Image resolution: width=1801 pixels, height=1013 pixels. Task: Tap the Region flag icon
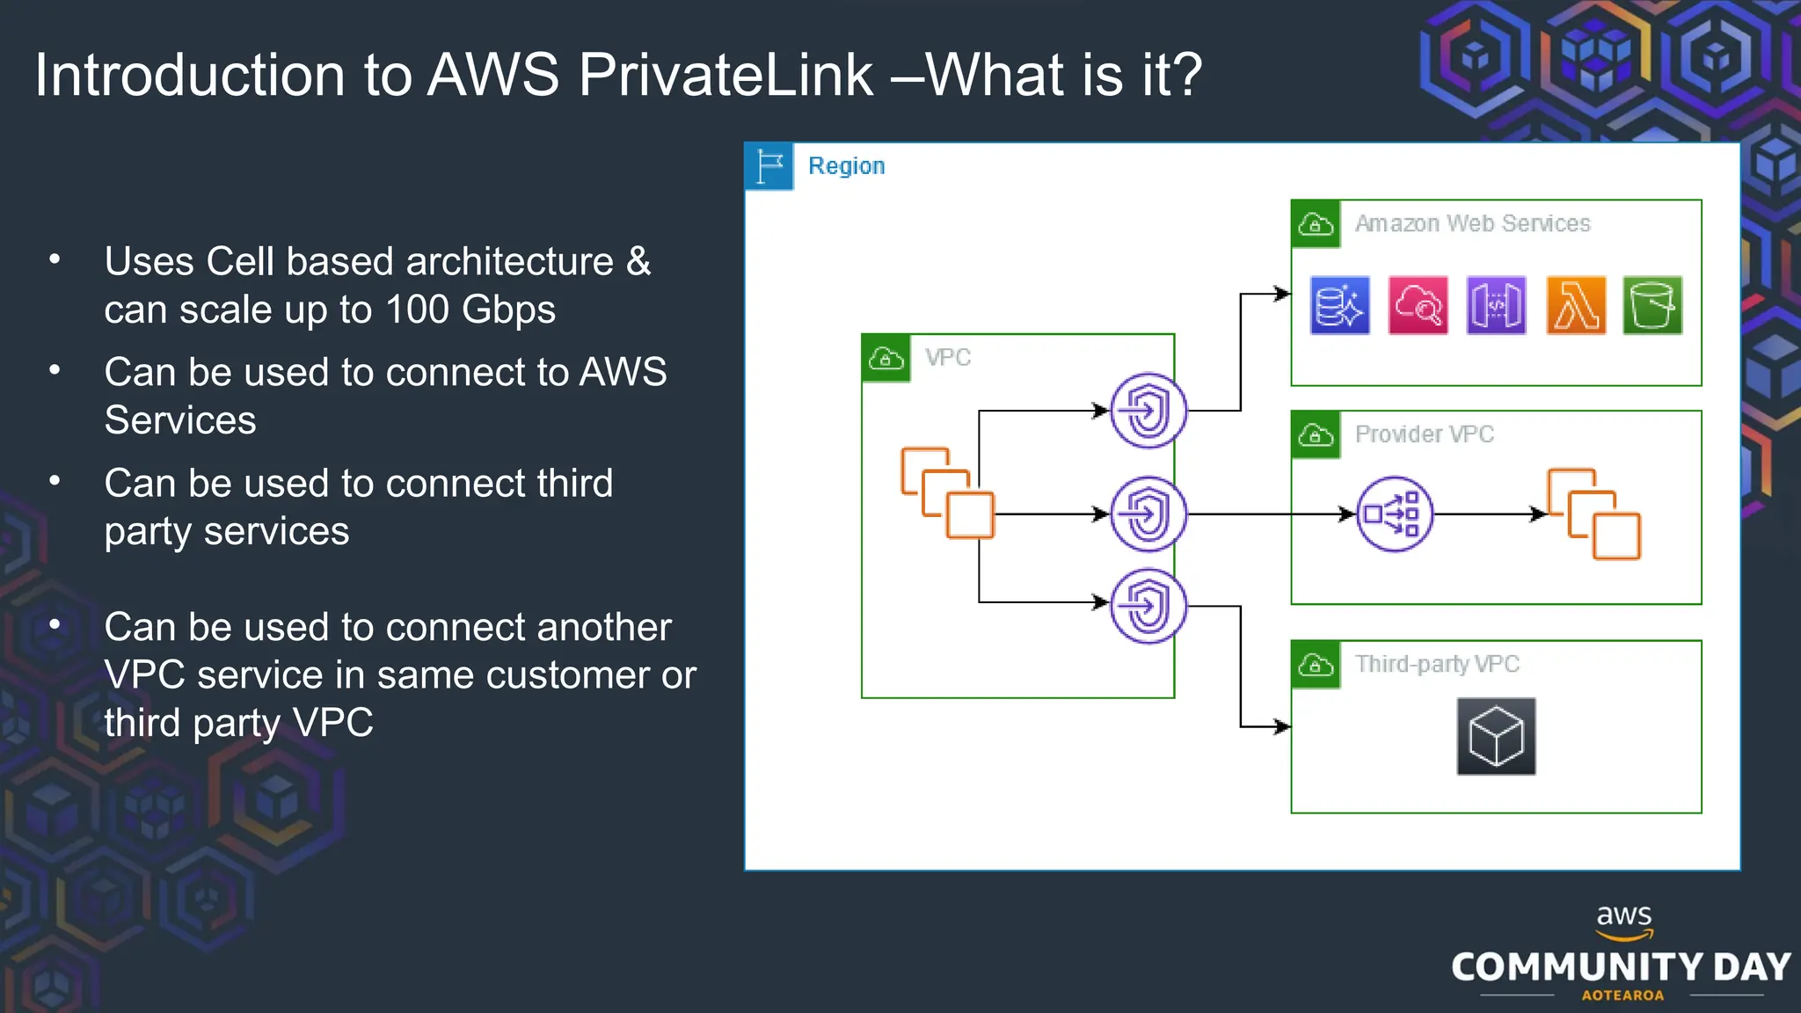pos(769,166)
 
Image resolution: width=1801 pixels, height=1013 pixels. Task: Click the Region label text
pos(846,166)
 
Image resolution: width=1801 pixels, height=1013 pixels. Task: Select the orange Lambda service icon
pos(1576,306)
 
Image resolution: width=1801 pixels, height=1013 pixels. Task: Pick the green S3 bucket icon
pos(1652,306)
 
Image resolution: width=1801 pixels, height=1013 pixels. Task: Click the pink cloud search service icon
pos(1418,306)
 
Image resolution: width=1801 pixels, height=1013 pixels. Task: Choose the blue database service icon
pos(1339,306)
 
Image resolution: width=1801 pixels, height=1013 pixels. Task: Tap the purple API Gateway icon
pos(1497,306)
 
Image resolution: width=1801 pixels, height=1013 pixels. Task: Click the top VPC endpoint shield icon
pos(1148,411)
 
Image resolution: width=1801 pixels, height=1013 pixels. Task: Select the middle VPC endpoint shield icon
pos(1148,514)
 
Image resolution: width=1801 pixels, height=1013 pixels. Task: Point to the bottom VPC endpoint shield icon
pos(1148,606)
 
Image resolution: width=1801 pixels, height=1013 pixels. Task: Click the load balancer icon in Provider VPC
pos(1395,514)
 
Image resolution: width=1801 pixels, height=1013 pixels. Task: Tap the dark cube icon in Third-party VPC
pos(1496,737)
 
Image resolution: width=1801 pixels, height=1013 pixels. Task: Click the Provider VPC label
pos(1424,434)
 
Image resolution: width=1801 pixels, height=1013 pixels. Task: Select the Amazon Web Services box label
pos(1472,223)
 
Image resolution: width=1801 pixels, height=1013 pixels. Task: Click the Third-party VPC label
pos(1437,664)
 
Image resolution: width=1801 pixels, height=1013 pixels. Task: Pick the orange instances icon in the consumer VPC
pos(948,493)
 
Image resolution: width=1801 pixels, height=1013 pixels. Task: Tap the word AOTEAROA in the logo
pos(1622,995)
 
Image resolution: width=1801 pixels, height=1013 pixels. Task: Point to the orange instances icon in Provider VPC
pos(1593,514)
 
